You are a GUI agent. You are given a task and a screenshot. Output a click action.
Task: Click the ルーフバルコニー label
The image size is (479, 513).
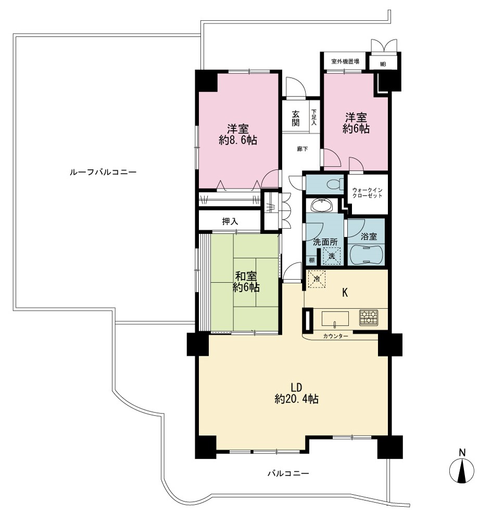103,172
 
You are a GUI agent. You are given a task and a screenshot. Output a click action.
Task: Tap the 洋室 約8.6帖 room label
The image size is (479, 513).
238,134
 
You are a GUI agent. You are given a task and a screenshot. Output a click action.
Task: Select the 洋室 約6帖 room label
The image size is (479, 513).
356,123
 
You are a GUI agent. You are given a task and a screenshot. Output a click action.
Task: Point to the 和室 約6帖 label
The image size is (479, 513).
246,282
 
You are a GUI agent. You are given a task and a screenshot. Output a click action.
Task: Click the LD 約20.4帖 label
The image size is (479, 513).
297,393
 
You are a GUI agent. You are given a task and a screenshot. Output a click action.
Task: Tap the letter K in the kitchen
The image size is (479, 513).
345,293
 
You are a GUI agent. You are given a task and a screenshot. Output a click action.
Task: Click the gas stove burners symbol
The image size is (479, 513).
369,317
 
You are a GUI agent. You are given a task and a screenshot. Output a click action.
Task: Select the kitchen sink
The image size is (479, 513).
335,319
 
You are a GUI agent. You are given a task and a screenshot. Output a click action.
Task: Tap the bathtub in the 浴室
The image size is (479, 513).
366,255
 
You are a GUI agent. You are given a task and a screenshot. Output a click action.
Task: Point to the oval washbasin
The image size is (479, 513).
321,206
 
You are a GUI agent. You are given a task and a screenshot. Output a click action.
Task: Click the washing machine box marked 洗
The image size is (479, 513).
332,256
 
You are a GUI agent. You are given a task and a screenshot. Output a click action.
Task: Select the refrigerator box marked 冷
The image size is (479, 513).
317,279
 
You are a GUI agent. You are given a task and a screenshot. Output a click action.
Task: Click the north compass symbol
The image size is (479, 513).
462,467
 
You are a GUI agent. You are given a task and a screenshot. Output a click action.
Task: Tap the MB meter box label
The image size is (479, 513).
383,65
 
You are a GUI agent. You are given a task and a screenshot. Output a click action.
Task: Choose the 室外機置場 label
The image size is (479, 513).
345,61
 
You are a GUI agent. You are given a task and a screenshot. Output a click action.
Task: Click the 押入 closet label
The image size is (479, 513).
230,221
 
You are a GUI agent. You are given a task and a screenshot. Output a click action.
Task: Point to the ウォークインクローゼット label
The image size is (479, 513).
367,193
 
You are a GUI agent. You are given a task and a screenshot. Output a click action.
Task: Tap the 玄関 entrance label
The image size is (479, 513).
295,118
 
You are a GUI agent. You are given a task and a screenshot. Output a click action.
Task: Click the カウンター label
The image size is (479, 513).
335,336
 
